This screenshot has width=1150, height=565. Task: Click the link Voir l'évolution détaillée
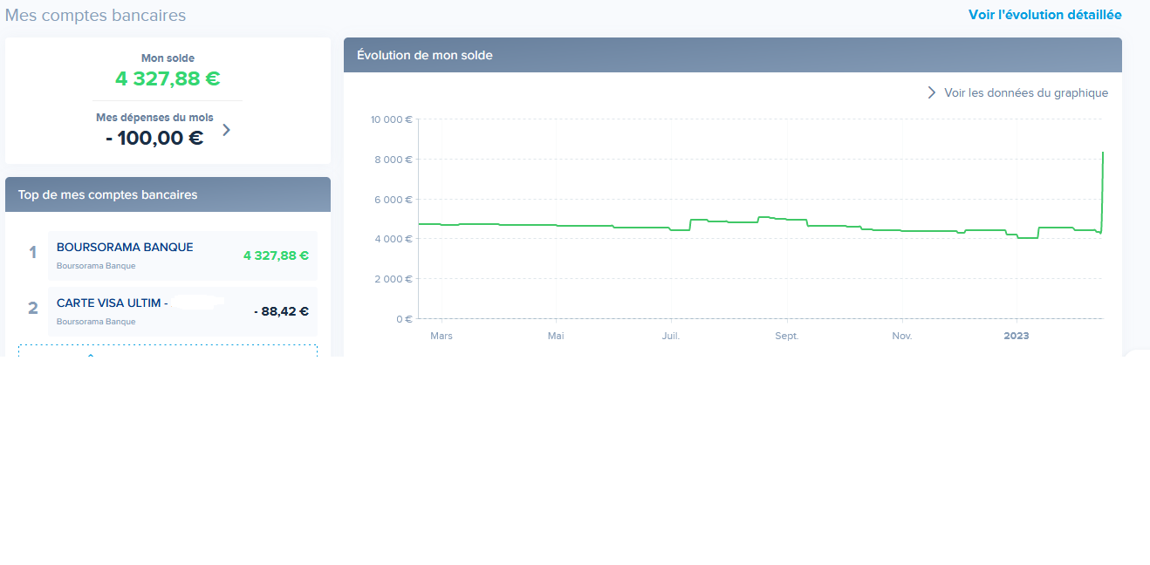[1044, 15]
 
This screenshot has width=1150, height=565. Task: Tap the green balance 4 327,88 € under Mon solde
[168, 79]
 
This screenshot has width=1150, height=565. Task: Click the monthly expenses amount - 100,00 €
[154, 138]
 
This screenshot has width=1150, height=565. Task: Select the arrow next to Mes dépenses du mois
[227, 130]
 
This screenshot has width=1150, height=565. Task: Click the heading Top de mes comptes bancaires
[107, 194]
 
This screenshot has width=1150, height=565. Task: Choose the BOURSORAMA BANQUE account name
[125, 248]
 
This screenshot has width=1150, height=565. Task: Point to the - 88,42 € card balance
[281, 311]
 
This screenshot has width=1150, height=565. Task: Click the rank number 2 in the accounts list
[33, 308]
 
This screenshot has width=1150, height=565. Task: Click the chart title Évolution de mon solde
[425, 55]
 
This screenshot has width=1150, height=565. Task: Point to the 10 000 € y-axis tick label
[391, 119]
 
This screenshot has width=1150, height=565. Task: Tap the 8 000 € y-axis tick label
[394, 160]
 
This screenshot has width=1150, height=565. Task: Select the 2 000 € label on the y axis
[394, 279]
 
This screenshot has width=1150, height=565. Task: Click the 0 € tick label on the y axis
[403, 319]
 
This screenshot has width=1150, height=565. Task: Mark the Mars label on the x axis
[442, 336]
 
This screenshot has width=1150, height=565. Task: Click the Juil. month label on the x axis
[671, 336]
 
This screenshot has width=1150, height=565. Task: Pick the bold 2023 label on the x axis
[1017, 336]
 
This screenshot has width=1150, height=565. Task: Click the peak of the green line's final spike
[1103, 153]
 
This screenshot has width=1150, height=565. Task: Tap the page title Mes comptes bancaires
[95, 16]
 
